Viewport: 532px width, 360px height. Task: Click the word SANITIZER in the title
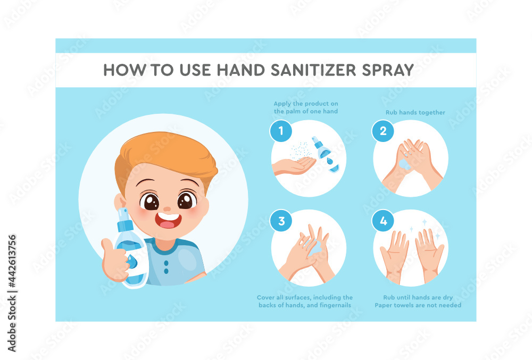[x=313, y=70]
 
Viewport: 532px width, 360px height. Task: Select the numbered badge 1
[x=280, y=131]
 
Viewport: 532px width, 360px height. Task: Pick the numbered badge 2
[x=383, y=131]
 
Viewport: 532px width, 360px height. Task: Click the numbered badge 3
[x=281, y=221]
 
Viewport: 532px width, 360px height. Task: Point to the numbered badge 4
[x=383, y=221]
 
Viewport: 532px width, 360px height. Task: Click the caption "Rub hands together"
[x=415, y=113]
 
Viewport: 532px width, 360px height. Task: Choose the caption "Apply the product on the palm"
[x=306, y=107]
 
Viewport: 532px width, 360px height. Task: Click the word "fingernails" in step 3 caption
[x=334, y=305]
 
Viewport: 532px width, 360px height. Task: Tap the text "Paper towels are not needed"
[x=418, y=305]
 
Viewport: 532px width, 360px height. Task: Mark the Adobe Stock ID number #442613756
[x=12, y=262]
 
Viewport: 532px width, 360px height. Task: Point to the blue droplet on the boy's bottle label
[x=132, y=262]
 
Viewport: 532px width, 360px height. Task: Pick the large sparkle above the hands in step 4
[x=424, y=222]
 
